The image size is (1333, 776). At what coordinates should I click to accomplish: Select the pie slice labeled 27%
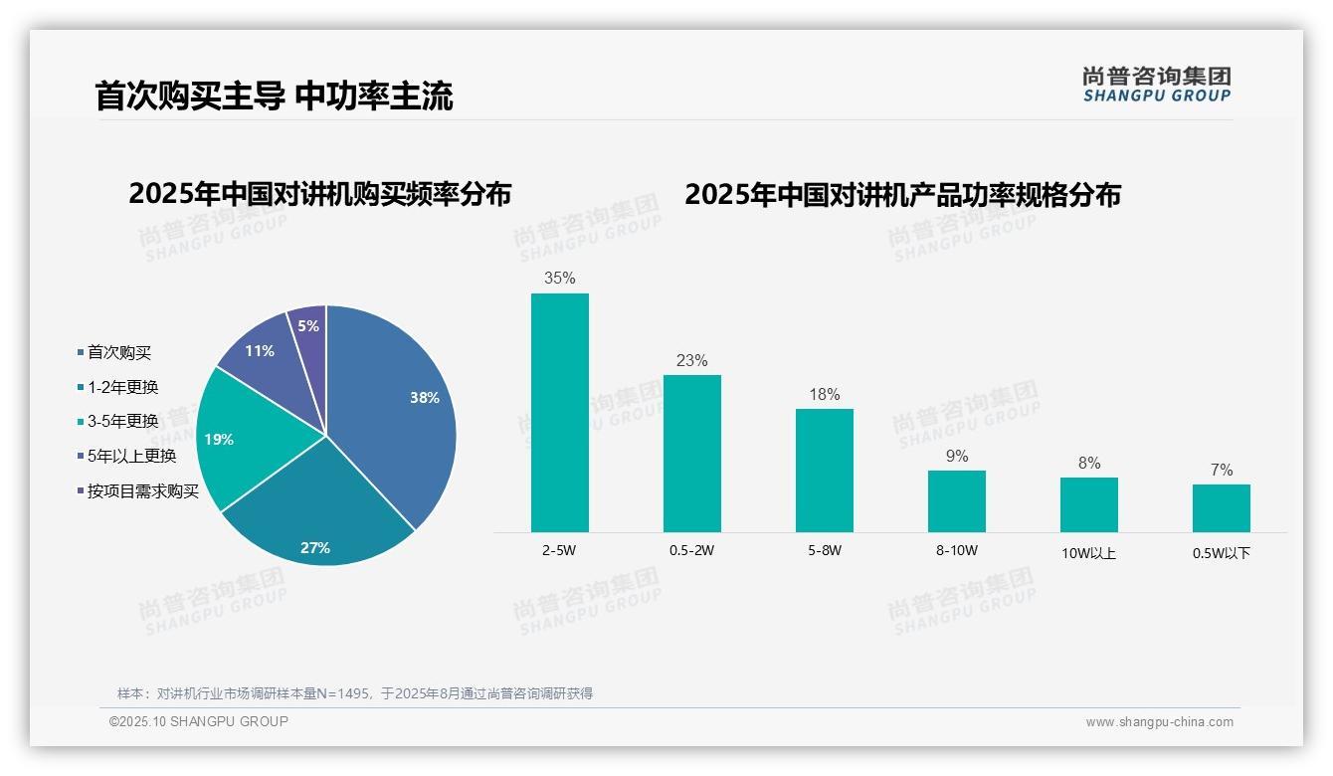click(318, 517)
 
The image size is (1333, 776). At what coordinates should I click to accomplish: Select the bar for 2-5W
click(560, 413)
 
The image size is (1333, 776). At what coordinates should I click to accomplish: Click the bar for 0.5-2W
click(692, 454)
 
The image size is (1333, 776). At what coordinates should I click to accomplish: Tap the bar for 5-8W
click(825, 471)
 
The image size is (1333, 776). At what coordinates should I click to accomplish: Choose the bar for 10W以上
click(1089, 504)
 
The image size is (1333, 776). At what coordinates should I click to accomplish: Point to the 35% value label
click(560, 279)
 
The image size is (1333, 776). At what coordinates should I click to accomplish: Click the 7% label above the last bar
click(1222, 470)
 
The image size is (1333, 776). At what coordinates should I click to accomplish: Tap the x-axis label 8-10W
click(957, 550)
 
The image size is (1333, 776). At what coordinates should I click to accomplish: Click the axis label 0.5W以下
click(1222, 553)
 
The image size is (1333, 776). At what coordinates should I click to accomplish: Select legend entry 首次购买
click(119, 352)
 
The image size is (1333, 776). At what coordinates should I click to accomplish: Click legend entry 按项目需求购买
click(143, 490)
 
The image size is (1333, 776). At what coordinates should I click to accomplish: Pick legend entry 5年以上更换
click(131, 456)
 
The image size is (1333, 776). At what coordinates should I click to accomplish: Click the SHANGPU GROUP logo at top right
click(1157, 85)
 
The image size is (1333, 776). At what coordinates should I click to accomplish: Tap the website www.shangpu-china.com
click(1159, 722)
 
